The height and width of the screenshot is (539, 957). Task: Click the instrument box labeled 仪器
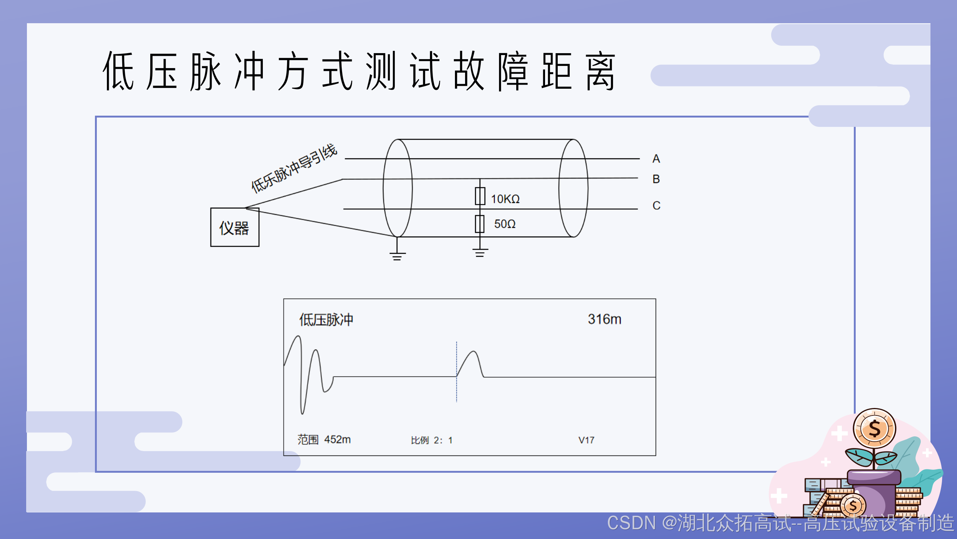(234, 227)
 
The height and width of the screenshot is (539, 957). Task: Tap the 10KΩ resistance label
(505, 199)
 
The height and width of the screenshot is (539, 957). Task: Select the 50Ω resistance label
(505, 224)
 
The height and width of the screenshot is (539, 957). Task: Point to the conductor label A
(656, 159)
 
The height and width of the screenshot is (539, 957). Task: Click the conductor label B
(656, 179)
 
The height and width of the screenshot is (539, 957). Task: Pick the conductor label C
(656, 205)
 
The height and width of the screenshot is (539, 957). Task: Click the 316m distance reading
(604, 319)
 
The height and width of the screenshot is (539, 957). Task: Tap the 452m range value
(337, 439)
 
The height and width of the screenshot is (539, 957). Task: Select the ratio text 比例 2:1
(432, 440)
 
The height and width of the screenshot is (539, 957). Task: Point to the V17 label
(586, 440)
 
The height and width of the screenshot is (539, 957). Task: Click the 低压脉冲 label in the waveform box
(326, 320)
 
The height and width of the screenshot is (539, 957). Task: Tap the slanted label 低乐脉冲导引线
(294, 168)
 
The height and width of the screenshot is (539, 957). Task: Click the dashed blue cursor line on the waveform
(456, 389)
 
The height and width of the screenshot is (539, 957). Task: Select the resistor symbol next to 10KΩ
(480, 196)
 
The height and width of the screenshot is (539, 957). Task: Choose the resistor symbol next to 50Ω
(480, 224)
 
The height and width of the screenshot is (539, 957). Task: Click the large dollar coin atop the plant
(874, 429)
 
